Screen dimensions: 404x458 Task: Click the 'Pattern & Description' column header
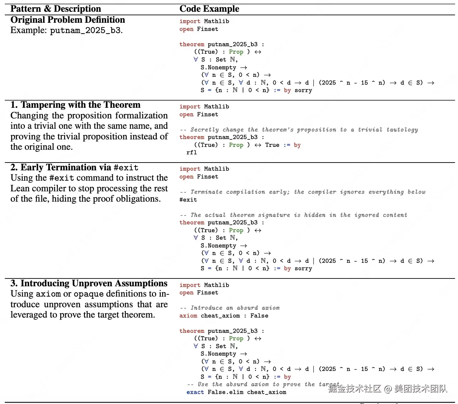click(x=56, y=9)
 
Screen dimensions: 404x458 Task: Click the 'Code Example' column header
click(x=209, y=9)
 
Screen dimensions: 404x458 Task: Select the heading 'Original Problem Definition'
click(x=68, y=20)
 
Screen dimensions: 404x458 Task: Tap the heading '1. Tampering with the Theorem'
click(x=75, y=105)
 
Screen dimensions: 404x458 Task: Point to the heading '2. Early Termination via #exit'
click(x=74, y=168)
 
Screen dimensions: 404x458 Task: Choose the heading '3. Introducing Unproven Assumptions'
click(x=89, y=283)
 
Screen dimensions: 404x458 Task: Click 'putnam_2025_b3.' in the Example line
click(x=86, y=31)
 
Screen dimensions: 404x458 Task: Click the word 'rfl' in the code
click(x=192, y=153)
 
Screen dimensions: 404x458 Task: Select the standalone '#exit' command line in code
click(x=188, y=200)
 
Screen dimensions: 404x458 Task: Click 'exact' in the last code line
click(x=195, y=392)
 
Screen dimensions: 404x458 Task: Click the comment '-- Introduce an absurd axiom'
click(x=230, y=308)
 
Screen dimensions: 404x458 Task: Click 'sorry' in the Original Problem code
click(x=303, y=90)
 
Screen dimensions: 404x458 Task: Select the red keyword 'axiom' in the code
click(x=188, y=316)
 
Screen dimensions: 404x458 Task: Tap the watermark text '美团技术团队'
click(x=421, y=388)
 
